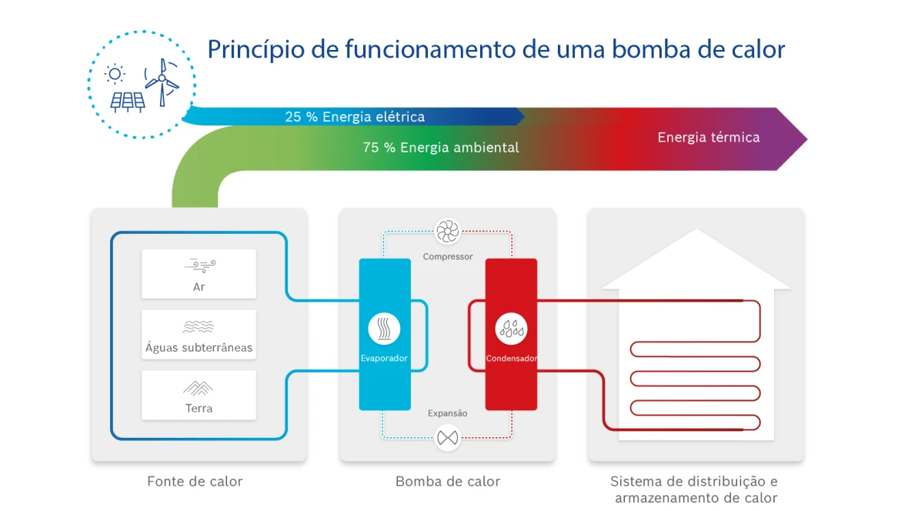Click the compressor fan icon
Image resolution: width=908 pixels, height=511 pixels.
[x=447, y=232]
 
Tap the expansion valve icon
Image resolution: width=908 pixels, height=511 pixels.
[x=447, y=438]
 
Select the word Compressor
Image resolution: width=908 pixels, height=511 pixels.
[x=448, y=256]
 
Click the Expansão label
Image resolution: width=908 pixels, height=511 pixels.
[x=447, y=413]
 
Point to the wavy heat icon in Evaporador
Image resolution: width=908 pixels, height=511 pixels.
[x=384, y=329]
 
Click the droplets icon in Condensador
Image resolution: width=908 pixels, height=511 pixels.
[x=511, y=329]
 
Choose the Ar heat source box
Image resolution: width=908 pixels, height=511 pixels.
[x=199, y=274]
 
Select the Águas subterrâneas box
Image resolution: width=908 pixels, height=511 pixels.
[x=199, y=335]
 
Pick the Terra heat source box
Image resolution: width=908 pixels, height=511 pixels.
[x=199, y=395]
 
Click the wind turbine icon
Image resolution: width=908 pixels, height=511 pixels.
[x=162, y=81]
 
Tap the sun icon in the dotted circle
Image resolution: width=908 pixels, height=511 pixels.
[x=115, y=74]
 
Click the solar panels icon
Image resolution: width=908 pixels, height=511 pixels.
[x=127, y=101]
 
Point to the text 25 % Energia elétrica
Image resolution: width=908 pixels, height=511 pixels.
[x=355, y=117]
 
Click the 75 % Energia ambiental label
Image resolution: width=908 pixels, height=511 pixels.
[x=441, y=147]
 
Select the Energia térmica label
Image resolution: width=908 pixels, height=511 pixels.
[x=708, y=138]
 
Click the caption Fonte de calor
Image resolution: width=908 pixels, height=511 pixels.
[x=195, y=482]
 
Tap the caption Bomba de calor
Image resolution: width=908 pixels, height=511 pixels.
[x=448, y=482]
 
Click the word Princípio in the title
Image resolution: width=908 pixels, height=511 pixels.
[x=254, y=49]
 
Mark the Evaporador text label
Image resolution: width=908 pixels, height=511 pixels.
[x=384, y=359]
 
